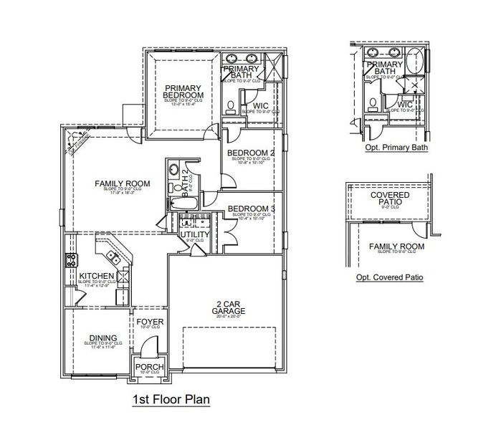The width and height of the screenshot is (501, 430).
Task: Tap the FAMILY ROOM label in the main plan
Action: tap(123, 184)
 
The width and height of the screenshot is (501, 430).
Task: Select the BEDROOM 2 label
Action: tap(251, 153)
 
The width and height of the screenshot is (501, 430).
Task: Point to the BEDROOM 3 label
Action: tap(251, 210)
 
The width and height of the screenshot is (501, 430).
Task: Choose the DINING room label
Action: tap(103, 338)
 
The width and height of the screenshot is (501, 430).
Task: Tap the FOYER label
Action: tap(150, 322)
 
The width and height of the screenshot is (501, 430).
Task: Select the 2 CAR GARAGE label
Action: tap(229, 307)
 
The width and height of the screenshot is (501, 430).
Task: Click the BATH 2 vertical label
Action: tap(185, 178)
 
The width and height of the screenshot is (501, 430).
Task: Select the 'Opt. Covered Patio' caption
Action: tap(389, 277)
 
